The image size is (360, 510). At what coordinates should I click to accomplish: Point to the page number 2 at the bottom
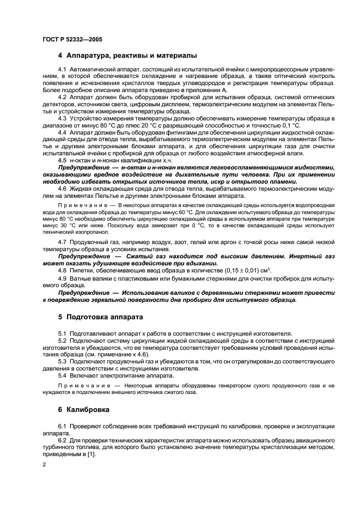pos(44,464)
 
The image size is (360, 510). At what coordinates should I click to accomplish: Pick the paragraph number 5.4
pos(62,375)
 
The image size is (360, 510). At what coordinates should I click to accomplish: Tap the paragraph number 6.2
pos(62,438)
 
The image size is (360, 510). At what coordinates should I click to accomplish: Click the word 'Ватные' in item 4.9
pos(80,278)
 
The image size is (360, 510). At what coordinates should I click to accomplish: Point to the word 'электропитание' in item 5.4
pos(119,375)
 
